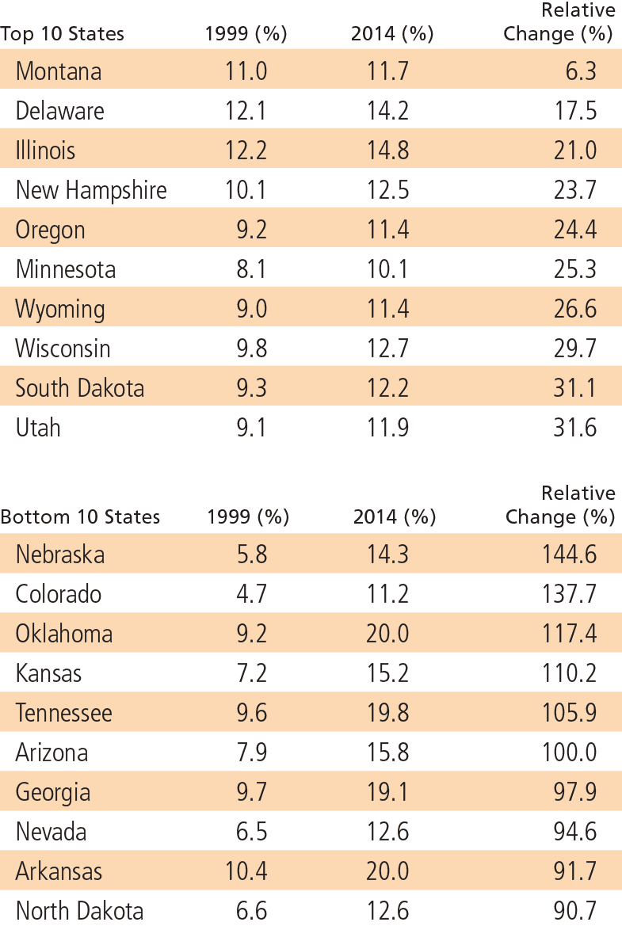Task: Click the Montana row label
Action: point(59,71)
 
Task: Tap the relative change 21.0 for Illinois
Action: point(575,151)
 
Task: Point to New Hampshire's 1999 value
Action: point(246,190)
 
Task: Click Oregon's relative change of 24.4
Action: point(575,230)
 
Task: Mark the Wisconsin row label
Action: point(63,349)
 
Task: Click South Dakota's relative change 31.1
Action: point(575,388)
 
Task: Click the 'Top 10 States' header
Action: point(63,34)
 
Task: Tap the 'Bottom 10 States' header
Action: point(80,517)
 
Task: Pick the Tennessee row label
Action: point(64,713)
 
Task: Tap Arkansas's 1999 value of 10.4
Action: point(246,871)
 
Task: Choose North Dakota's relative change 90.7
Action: point(575,911)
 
